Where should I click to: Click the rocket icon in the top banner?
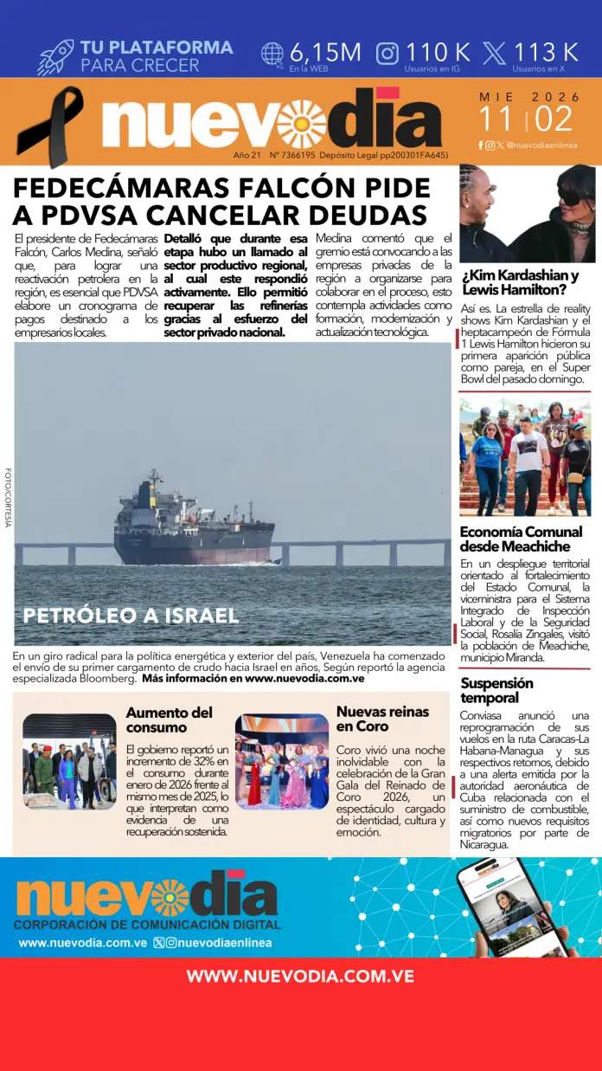point(55,56)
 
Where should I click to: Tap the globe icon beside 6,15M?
point(272,54)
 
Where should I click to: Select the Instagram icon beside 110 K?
point(387,54)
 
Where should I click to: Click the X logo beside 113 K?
point(495,54)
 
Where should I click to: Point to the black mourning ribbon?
point(50,126)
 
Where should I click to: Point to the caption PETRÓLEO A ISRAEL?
point(131,616)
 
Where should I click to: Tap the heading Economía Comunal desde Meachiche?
point(521,539)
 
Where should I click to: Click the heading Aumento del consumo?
point(169,719)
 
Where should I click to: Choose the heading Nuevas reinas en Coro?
point(382,719)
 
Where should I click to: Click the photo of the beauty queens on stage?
point(281,762)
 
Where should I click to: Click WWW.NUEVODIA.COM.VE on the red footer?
point(300,976)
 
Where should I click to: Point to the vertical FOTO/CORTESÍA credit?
point(8,498)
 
